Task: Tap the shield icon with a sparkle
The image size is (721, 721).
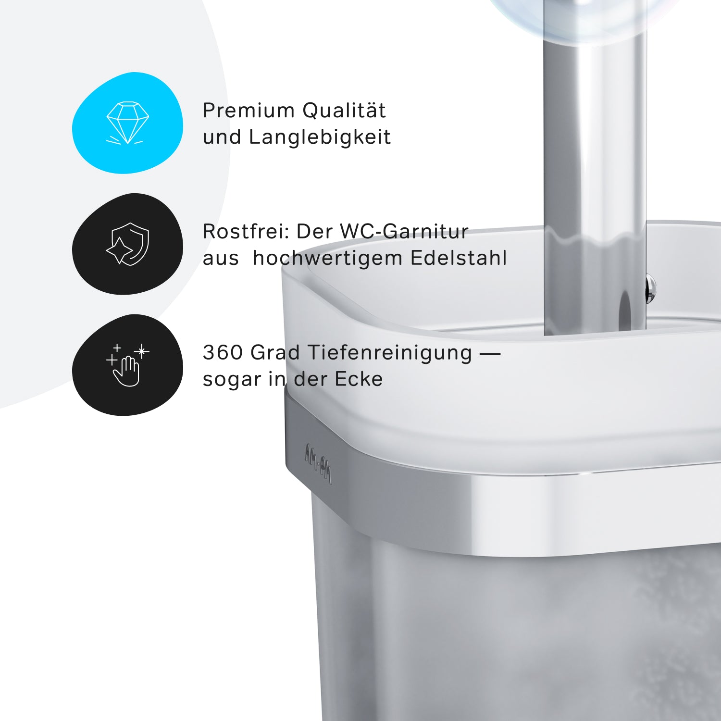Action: point(128,244)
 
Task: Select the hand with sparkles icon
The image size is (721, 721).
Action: point(127,365)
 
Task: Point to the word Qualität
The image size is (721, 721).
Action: point(344,110)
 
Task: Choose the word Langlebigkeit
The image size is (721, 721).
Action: point(320,137)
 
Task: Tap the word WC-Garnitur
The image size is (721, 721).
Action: point(404,231)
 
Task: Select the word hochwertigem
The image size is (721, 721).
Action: point(328,258)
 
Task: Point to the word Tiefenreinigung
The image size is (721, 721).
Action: point(390,353)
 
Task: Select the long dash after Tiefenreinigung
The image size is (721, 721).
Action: point(490,354)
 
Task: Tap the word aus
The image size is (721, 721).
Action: point(221,259)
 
